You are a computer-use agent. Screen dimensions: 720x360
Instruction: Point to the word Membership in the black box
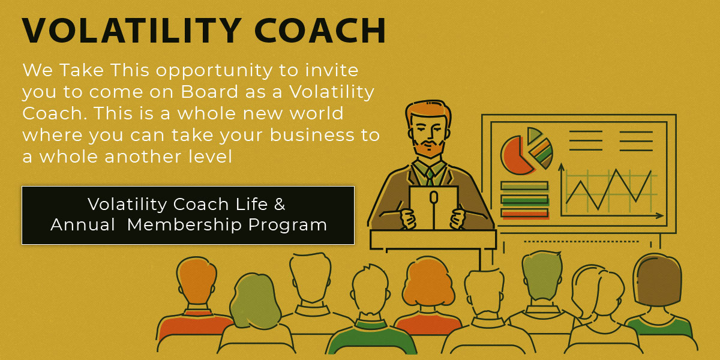pos(185,224)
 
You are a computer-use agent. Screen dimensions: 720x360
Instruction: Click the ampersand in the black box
pos(280,204)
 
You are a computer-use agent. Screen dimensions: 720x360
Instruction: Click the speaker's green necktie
pos(430,177)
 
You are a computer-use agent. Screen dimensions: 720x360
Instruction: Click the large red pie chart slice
pos(514,157)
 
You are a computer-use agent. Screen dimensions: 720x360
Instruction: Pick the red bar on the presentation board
pos(524,213)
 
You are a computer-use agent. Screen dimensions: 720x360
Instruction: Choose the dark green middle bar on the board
pos(524,200)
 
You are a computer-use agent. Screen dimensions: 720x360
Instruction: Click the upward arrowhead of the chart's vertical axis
pos(561,167)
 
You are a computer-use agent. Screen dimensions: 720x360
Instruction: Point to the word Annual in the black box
pos(83,224)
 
